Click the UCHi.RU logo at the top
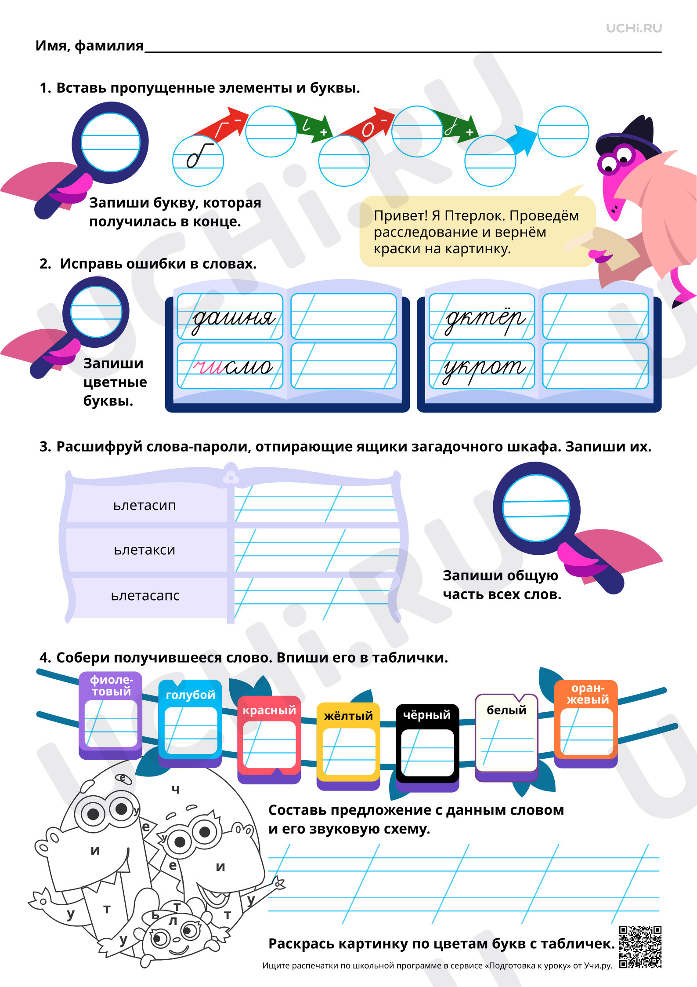tap(634, 28)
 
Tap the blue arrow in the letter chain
tap(521, 139)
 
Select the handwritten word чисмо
tap(233, 366)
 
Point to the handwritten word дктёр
tap(484, 318)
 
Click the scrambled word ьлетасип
tap(144, 506)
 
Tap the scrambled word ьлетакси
tap(144, 550)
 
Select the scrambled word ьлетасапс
tap(145, 596)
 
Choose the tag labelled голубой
tap(190, 724)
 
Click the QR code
tap(640, 947)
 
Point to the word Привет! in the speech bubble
tap(400, 216)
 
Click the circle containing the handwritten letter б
tap(198, 161)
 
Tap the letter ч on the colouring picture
tap(176, 789)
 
